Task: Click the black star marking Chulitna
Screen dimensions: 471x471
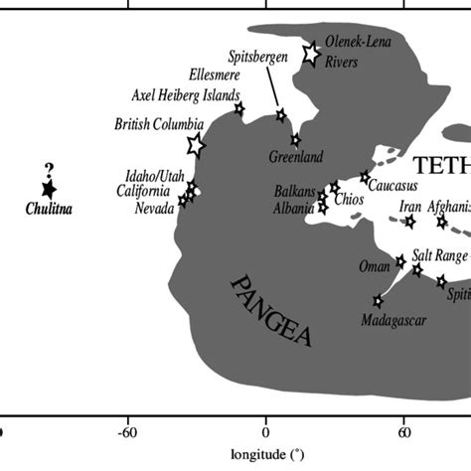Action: point(47,189)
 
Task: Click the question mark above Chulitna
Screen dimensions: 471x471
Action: point(48,169)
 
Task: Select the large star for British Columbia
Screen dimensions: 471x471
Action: point(196,146)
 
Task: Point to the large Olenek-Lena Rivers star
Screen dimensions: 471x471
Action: point(310,54)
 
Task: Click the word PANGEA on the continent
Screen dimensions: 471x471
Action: point(270,310)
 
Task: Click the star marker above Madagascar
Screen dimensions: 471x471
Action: point(378,300)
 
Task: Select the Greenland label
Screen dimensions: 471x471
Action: point(296,157)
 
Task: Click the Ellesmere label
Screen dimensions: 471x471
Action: point(214,75)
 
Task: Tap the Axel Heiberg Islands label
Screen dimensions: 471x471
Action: point(186,96)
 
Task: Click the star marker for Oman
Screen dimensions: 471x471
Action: point(400,261)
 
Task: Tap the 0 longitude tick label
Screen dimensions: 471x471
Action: point(265,434)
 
